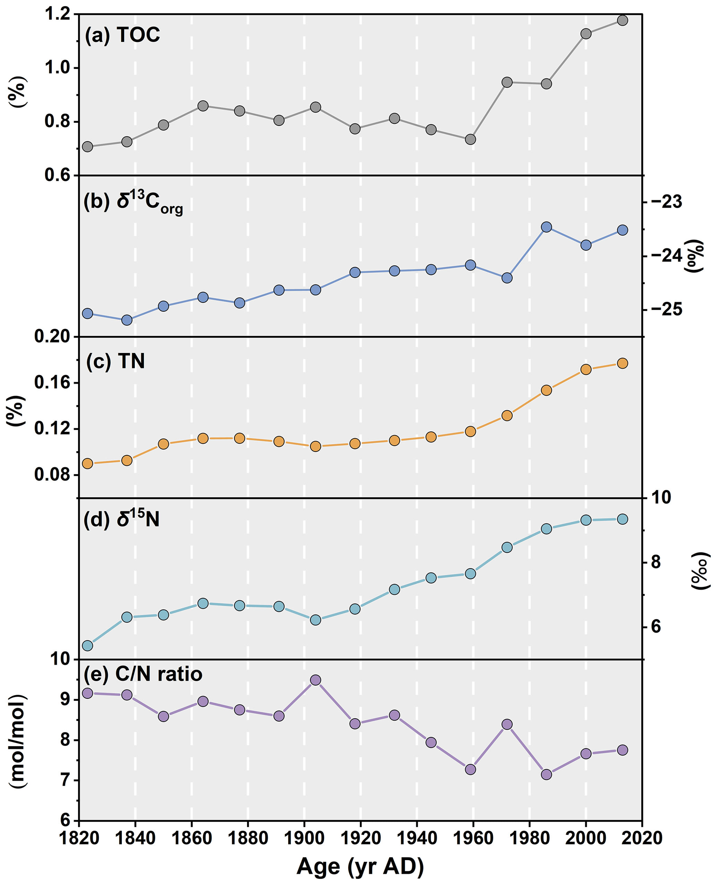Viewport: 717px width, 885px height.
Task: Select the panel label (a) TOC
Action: pos(122,35)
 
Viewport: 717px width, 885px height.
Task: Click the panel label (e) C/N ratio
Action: pos(143,674)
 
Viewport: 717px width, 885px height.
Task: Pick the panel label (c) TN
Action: pos(115,361)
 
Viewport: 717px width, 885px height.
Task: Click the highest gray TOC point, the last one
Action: pos(622,20)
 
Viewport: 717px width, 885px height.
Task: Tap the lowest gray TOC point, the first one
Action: pos(87,147)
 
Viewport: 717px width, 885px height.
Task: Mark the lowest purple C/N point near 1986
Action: pos(546,774)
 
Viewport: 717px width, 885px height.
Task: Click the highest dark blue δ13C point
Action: pos(546,227)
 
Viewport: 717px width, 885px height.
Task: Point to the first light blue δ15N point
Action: pos(87,645)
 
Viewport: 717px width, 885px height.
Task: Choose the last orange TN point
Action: pos(622,363)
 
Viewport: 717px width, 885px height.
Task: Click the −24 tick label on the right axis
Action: pos(667,256)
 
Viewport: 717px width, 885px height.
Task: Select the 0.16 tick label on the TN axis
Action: pos(51,383)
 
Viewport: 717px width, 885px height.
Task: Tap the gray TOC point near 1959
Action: pos(470,139)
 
